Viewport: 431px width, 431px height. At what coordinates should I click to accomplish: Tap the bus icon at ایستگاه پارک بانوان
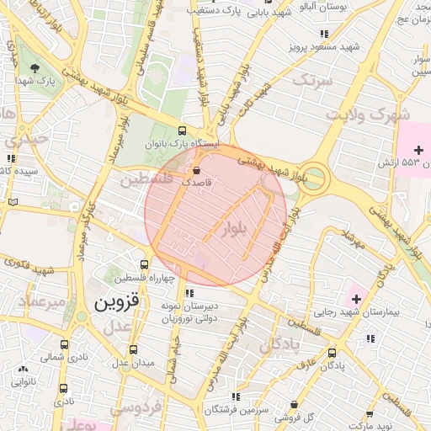(x=183, y=130)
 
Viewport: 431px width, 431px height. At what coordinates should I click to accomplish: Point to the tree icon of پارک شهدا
(x=35, y=68)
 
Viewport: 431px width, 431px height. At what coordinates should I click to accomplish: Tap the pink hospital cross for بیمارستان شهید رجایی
(x=355, y=299)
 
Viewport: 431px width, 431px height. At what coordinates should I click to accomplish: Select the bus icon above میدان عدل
(x=133, y=350)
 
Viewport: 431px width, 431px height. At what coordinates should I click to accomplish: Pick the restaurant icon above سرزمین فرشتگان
(x=236, y=396)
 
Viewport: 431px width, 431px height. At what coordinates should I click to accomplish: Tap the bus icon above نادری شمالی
(x=65, y=345)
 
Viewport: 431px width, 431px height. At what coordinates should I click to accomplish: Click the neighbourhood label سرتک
(x=312, y=80)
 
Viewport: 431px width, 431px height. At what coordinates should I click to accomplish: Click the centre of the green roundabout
(x=314, y=178)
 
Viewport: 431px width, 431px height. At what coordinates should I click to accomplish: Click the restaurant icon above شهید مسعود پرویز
(x=324, y=34)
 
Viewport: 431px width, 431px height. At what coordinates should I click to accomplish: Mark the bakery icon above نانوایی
(x=23, y=370)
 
